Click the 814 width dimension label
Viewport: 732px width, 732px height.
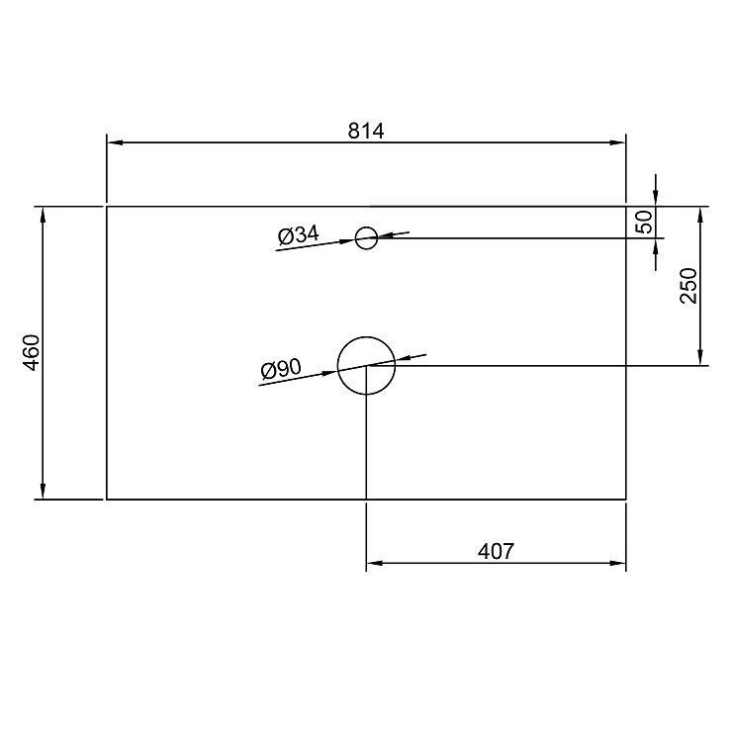(x=366, y=132)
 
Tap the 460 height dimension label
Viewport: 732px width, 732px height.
(x=33, y=352)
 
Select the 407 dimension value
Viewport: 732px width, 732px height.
(x=496, y=551)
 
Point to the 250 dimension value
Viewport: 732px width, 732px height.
(x=688, y=285)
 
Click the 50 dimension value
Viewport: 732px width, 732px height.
(x=644, y=222)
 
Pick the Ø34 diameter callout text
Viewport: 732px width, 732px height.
(x=299, y=234)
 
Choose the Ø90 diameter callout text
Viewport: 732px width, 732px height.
(x=282, y=369)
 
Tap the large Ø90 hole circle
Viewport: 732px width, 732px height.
(x=366, y=337)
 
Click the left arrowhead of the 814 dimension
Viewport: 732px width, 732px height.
(x=115, y=142)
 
